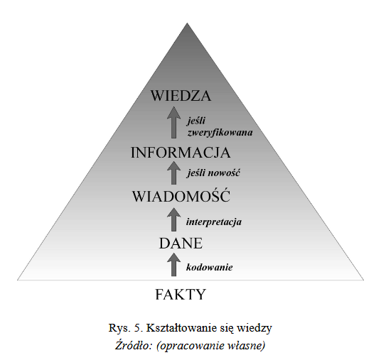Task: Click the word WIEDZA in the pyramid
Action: [181, 96]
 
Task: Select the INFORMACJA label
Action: [181, 153]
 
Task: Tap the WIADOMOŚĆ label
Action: [181, 196]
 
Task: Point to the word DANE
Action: [181, 244]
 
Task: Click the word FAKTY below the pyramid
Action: [181, 295]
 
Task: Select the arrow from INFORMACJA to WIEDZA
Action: [173, 122]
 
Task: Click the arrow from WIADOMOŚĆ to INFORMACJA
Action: [173, 173]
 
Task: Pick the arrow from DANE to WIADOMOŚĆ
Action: [173, 219]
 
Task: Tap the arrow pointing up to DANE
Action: [173, 265]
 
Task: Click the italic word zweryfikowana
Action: [220, 133]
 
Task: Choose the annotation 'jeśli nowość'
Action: [213, 173]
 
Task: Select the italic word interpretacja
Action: [214, 222]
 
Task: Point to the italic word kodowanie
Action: [209, 267]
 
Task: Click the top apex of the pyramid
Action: [187, 23]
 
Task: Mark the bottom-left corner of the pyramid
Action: [17, 280]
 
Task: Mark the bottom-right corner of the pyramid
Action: [363, 280]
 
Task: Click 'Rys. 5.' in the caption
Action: [126, 328]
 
